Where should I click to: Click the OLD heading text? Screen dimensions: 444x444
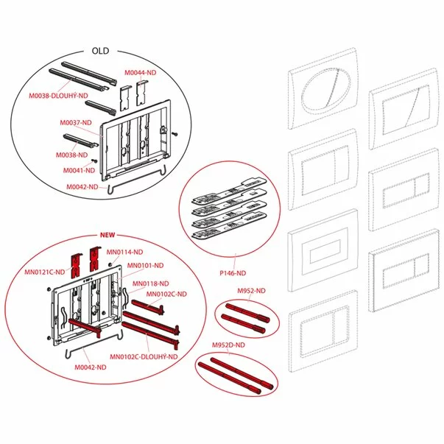coord(100,51)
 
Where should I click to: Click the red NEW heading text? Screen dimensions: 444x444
coord(108,235)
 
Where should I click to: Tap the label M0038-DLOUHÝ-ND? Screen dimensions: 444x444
coord(59,96)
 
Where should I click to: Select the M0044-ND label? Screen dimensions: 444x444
coord(141,73)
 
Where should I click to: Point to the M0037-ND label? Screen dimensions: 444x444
coord(76,123)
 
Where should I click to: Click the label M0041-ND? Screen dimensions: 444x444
coord(79,171)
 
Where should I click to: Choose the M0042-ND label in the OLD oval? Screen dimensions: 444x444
coord(82,187)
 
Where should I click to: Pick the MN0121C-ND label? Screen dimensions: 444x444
coord(45,272)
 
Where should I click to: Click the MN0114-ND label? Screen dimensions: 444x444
coord(124,252)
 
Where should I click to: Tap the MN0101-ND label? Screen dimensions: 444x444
coord(145,266)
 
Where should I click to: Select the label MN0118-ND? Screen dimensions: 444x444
coord(151,283)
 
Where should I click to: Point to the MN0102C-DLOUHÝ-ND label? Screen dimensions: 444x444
coord(144,357)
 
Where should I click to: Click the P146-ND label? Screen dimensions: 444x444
coord(233,273)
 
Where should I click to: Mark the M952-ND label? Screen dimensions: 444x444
coord(251,291)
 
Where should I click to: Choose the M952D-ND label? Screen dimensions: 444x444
coord(228,345)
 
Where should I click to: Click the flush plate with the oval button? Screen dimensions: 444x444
coord(323,89)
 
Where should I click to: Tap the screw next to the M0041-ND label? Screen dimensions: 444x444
coord(95,161)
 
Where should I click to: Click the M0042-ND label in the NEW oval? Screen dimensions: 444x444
coord(91,367)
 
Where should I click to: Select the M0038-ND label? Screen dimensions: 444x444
coord(71,155)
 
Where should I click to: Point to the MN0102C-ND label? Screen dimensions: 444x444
coord(166,295)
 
